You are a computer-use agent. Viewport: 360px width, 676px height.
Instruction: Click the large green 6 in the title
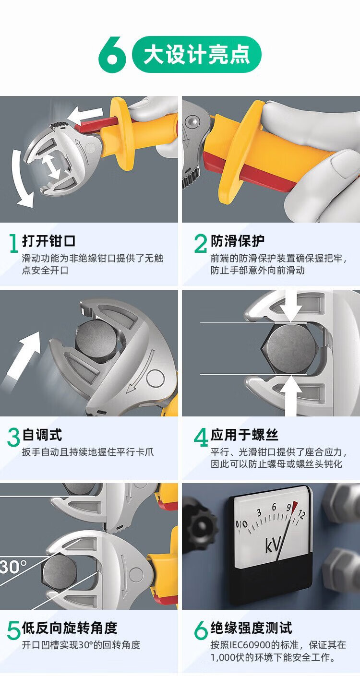click(112, 54)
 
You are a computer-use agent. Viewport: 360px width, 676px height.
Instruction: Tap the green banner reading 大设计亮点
click(197, 55)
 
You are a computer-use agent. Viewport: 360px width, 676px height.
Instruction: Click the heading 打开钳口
click(48, 241)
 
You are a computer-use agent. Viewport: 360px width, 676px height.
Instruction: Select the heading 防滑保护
click(238, 241)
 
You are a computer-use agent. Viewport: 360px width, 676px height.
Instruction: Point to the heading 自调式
click(42, 435)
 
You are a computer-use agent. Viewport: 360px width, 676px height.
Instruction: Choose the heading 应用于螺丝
click(244, 435)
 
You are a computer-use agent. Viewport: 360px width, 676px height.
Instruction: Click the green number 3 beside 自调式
click(14, 438)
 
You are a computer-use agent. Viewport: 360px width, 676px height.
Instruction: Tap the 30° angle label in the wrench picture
click(13, 567)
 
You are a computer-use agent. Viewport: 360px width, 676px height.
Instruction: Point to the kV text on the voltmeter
click(273, 545)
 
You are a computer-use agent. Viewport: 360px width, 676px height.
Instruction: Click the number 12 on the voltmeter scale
click(301, 513)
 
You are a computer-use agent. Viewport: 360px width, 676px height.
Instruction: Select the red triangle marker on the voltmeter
click(294, 506)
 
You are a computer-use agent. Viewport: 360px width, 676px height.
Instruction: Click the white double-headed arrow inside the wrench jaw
click(51, 166)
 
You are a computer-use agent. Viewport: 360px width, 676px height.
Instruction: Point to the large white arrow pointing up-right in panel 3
click(22, 358)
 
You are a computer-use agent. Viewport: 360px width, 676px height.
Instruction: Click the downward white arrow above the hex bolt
click(290, 306)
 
